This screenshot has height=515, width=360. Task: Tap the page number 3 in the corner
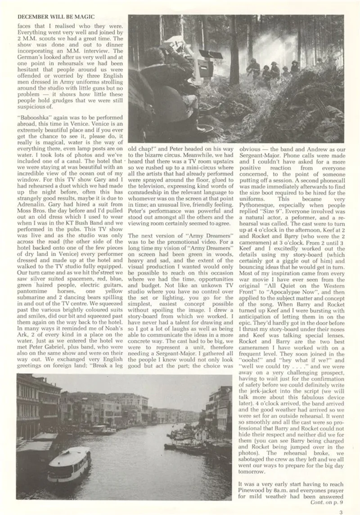pos(341,511)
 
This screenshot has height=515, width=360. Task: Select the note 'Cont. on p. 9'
pos(326,502)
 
